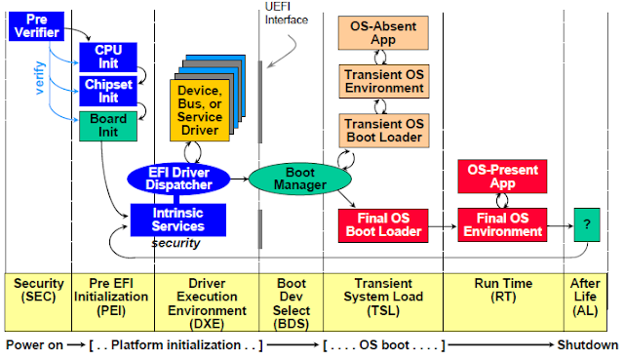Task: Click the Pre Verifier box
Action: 36,26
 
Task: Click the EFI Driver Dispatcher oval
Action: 178,179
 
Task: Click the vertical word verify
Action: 41,83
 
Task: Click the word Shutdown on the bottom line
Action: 587,345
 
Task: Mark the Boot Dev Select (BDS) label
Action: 290,296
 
